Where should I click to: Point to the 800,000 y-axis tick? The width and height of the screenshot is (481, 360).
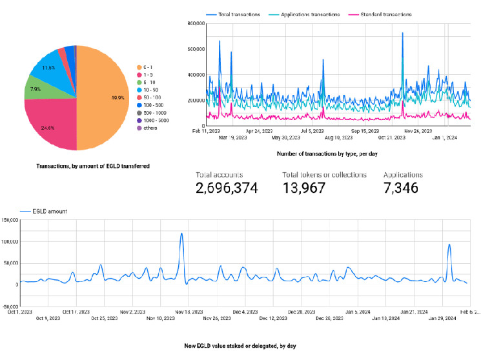point(195,24)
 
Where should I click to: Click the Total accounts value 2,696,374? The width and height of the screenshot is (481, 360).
point(227,188)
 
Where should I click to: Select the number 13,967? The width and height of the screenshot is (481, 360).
point(304,188)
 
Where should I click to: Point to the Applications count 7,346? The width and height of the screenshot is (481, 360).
point(400,188)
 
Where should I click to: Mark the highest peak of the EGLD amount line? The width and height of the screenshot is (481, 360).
point(181,234)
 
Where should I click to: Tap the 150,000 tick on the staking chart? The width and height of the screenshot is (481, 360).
point(9,221)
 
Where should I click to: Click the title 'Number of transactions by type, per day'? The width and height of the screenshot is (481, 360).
point(331,154)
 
